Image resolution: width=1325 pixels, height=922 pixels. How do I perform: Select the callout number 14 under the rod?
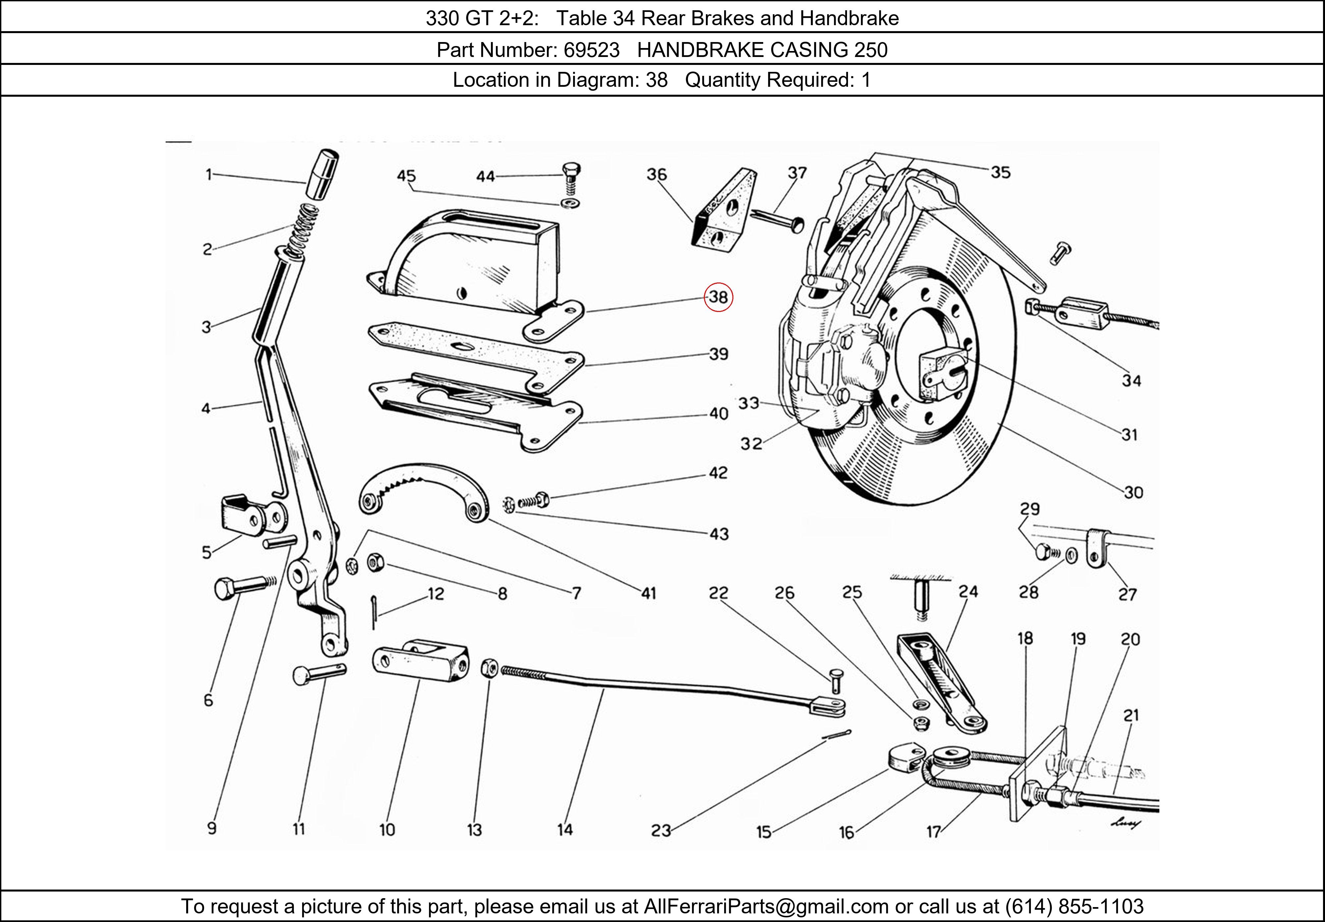(x=565, y=829)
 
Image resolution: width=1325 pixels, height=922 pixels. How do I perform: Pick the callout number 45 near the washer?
(x=406, y=176)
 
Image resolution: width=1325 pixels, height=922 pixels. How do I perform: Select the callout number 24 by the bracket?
(x=968, y=591)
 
